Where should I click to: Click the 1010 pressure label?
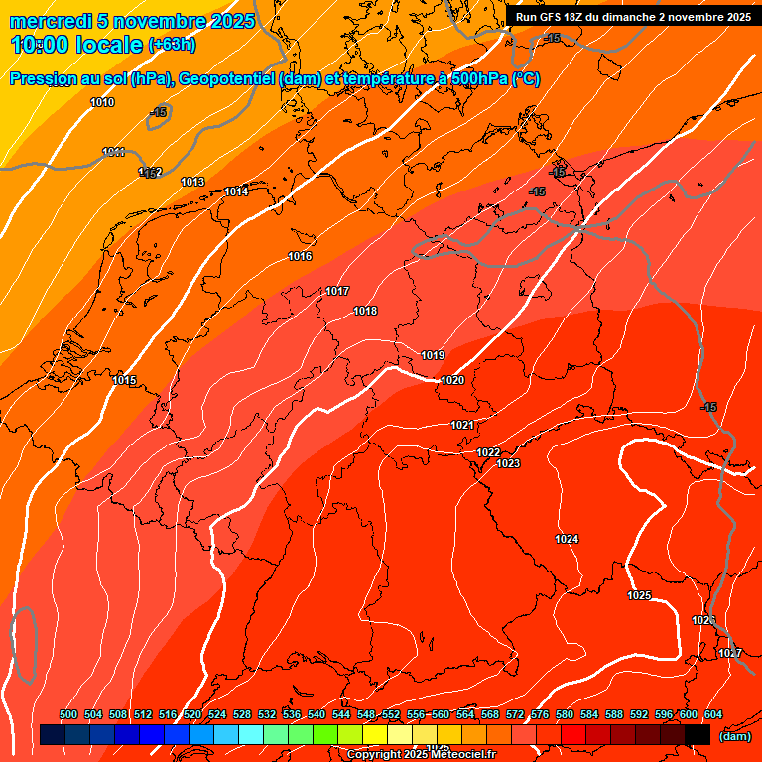pos(102,102)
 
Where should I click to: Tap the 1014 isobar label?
pos(236,191)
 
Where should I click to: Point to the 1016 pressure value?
pos(300,257)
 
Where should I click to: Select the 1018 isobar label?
pos(365,311)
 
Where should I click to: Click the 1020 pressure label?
pos(452,380)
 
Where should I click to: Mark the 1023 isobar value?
pos(508,463)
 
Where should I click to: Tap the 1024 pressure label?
pos(567,539)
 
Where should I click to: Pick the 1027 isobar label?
pos(730,653)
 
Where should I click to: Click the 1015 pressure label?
pos(124,380)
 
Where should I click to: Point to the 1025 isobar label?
pos(639,595)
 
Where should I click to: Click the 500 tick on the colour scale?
pos(68,714)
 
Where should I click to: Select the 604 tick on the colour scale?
pos(713,714)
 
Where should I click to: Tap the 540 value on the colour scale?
pos(317,714)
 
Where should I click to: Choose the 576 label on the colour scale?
pos(540,714)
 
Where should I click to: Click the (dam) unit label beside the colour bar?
pos(734,736)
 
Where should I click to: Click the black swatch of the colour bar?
pos(698,735)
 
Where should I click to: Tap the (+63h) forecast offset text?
pos(172,45)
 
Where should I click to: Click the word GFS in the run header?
pos(553,17)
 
